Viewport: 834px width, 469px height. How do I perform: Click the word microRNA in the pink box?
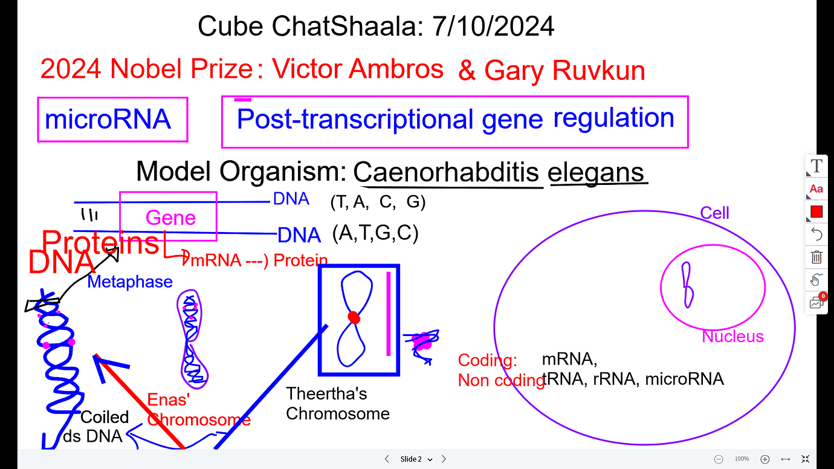point(108,120)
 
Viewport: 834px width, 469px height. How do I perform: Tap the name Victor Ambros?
point(357,70)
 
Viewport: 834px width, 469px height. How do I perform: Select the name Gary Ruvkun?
point(564,71)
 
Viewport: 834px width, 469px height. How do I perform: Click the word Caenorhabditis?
point(446,172)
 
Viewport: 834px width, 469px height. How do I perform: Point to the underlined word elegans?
point(596,172)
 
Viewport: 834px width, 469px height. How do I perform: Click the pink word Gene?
point(170,218)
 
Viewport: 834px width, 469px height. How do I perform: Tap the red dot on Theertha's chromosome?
point(354,317)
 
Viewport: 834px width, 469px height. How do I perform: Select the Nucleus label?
point(732,337)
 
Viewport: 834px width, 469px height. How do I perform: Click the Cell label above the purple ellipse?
point(714,213)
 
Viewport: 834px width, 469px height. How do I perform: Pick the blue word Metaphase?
point(130,282)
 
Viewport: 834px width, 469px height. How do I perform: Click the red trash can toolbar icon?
point(816,257)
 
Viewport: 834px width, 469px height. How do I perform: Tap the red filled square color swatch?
point(816,212)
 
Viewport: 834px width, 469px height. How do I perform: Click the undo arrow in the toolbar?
point(816,234)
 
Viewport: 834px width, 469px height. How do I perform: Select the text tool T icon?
point(816,166)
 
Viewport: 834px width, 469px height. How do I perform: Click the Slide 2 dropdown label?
point(416,459)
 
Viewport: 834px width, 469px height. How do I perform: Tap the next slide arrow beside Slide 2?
point(444,459)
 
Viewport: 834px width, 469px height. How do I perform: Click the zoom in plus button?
point(764,459)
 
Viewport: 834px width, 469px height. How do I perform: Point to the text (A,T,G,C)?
point(375,233)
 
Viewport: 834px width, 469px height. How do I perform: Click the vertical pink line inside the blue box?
point(388,314)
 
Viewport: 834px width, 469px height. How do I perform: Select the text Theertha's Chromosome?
point(337,404)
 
